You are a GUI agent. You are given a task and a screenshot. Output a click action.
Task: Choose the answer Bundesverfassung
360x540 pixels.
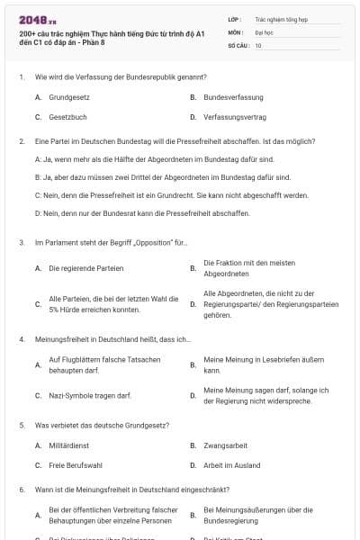(233, 96)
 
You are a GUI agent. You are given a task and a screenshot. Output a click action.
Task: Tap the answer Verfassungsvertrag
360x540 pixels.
(235, 117)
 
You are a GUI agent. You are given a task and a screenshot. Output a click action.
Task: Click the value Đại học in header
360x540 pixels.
(264, 31)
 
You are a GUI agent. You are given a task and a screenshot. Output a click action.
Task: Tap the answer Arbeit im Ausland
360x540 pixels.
(229, 465)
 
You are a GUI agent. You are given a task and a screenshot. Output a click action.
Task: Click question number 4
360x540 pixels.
(21, 339)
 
